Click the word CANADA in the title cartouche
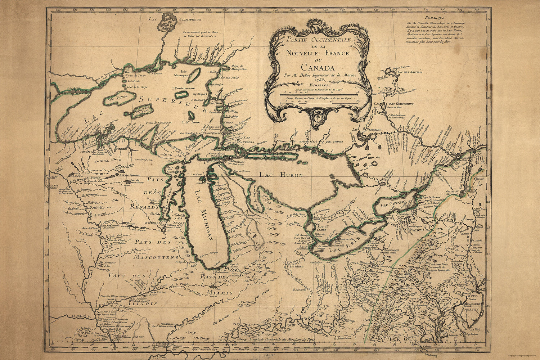coord(318,67)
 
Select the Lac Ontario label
coord(391,204)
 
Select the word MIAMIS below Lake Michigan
coord(220,293)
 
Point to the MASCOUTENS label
coord(156,258)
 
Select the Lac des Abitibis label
coord(409,72)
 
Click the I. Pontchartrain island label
coord(184,89)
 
